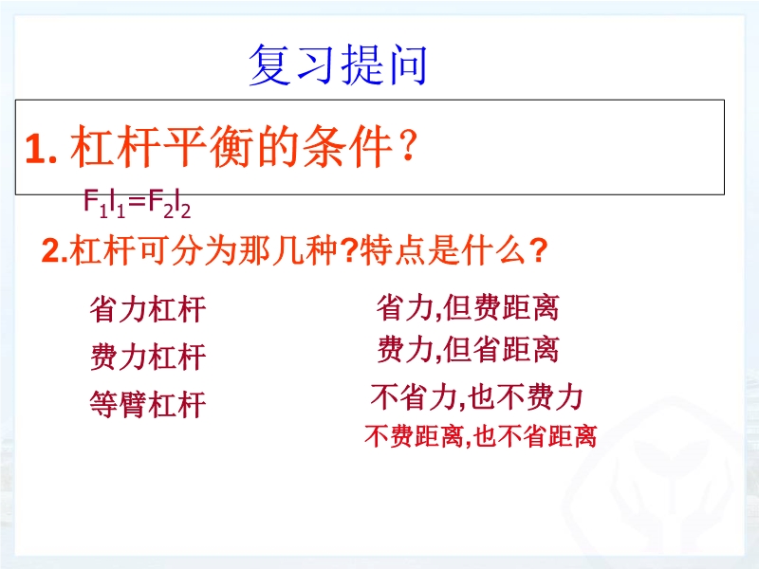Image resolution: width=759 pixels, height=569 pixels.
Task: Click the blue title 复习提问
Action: (338, 64)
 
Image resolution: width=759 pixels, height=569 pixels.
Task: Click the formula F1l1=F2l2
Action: (137, 203)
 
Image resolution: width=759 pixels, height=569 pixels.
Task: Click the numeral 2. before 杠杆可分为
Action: (55, 251)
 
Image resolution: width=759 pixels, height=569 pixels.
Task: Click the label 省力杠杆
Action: (148, 309)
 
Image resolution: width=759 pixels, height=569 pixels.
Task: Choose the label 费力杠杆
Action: (148, 357)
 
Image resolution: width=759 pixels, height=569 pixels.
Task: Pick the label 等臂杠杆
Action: (148, 404)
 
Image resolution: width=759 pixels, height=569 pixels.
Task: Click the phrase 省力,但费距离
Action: (468, 307)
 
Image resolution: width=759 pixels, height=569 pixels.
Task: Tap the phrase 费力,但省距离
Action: (468, 349)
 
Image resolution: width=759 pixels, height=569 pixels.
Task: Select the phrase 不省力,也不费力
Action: (477, 396)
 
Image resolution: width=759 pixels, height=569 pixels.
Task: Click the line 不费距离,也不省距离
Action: (481, 436)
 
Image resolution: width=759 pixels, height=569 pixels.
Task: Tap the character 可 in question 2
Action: (153, 250)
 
